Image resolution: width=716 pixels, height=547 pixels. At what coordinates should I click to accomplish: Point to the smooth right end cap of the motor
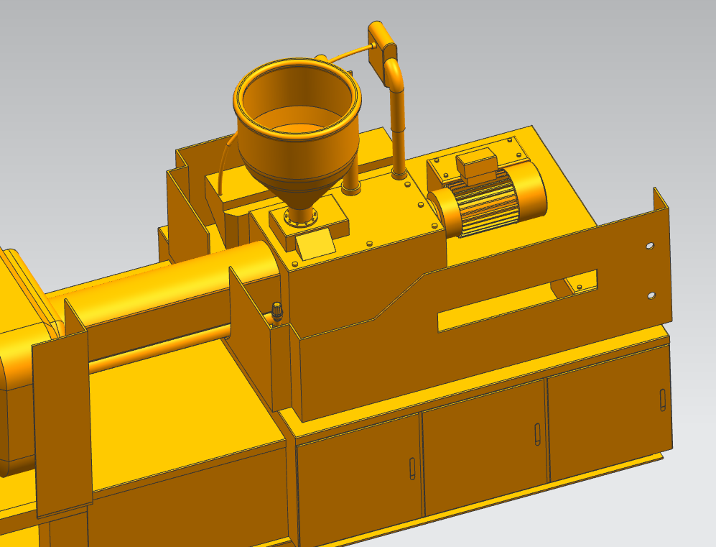530,188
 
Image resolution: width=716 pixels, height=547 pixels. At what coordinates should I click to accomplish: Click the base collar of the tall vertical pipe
399,173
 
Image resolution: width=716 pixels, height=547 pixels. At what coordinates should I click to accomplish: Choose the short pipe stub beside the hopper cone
351,185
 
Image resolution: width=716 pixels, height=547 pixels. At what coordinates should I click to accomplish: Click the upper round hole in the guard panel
650,246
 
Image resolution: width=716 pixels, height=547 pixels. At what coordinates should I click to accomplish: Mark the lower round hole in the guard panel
651,295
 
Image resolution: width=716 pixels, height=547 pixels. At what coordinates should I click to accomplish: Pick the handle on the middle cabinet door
537,434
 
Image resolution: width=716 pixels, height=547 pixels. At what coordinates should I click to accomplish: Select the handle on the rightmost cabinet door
661,400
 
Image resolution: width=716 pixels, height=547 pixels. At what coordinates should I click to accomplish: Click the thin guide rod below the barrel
158,352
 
